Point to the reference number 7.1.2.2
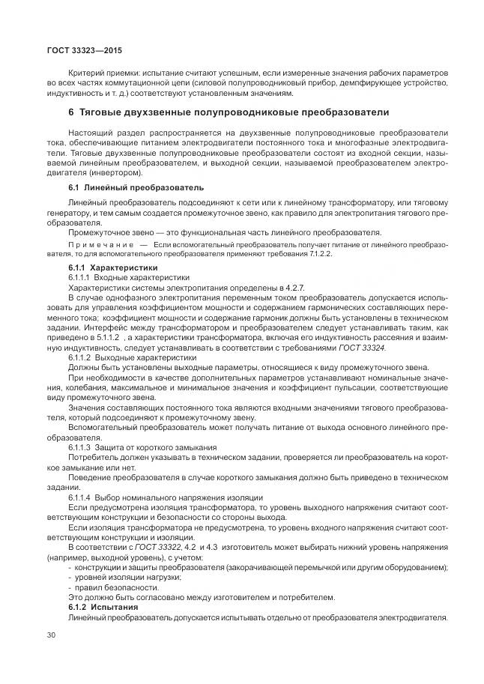[x=315, y=254]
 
